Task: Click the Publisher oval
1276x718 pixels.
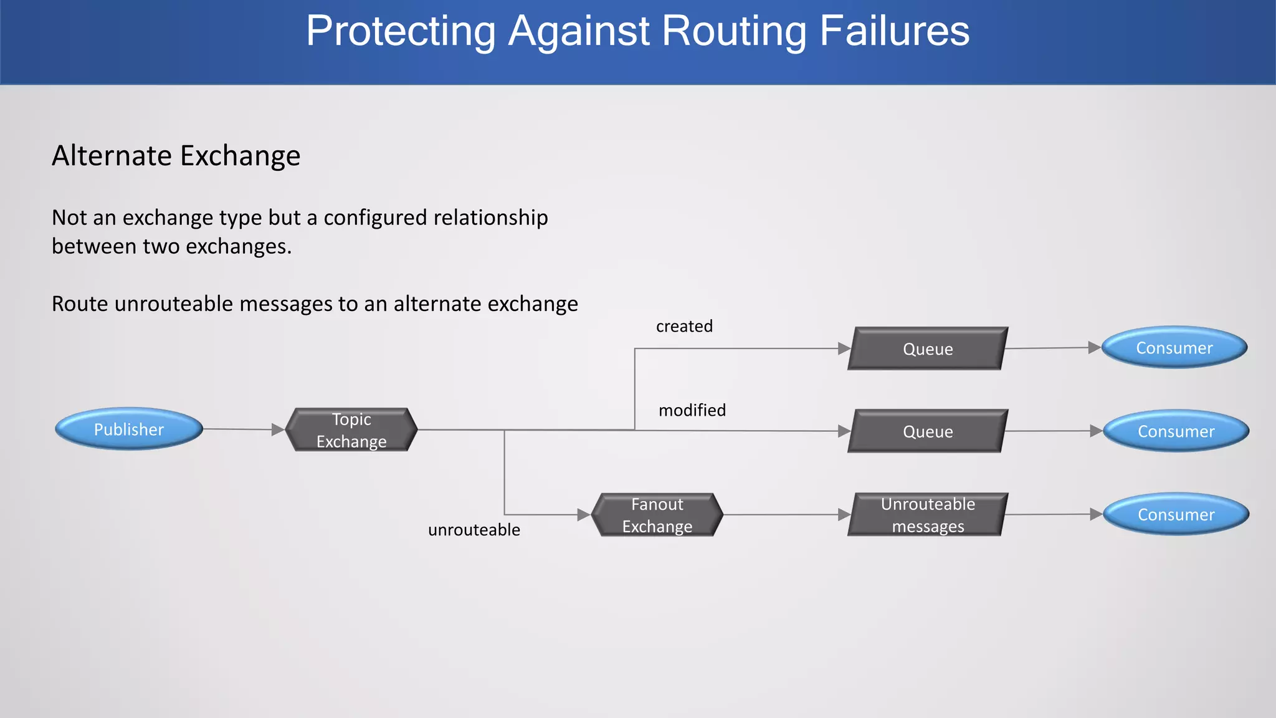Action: [x=129, y=429]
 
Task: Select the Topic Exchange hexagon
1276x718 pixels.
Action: [x=351, y=430]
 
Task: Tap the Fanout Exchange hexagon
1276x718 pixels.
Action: [x=657, y=515]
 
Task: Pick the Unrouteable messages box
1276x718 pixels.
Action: [x=928, y=515]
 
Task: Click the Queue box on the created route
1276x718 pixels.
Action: [x=928, y=349]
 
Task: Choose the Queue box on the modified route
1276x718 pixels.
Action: [x=928, y=431]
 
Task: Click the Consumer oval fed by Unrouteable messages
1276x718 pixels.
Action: [x=1176, y=515]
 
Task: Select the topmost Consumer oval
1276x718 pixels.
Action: [x=1174, y=348]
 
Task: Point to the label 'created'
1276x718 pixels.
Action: [x=684, y=326]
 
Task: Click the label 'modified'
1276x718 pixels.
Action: [x=692, y=410]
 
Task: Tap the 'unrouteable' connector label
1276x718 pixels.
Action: [x=474, y=530]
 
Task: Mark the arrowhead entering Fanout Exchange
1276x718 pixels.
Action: [x=584, y=515]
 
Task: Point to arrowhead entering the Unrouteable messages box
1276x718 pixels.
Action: [x=844, y=515]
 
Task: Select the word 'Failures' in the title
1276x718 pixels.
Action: [x=894, y=31]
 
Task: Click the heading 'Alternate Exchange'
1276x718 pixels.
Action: [x=176, y=156]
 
